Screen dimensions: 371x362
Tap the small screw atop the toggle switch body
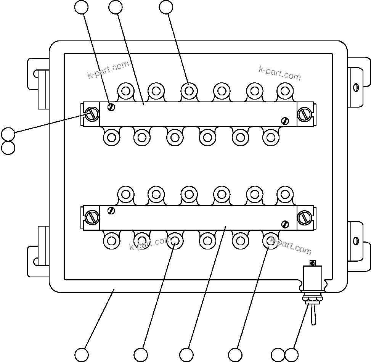coord(313,263)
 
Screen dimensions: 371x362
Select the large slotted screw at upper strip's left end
coord(92,113)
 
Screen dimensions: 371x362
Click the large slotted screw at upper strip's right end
coord(305,114)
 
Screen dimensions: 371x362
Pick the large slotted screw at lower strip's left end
coord(92,217)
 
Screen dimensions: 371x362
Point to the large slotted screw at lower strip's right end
coord(305,217)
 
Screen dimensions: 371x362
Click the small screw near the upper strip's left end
coord(111,107)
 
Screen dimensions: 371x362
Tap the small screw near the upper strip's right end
coord(285,121)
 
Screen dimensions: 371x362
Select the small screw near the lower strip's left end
coord(111,210)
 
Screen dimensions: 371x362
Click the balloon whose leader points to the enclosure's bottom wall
coord(81,354)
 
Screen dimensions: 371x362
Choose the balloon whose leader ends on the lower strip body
coord(186,354)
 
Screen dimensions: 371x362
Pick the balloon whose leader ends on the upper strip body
coord(115,7)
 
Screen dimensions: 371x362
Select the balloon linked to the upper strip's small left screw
coord(81,7)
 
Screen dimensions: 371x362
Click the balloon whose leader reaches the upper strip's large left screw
coord(8,134)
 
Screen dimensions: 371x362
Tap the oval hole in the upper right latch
coord(356,87)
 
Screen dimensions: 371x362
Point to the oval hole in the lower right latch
coord(356,241)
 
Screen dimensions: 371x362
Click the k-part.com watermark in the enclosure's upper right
coord(279,73)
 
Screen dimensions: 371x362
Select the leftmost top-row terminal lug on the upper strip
coord(125,91)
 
